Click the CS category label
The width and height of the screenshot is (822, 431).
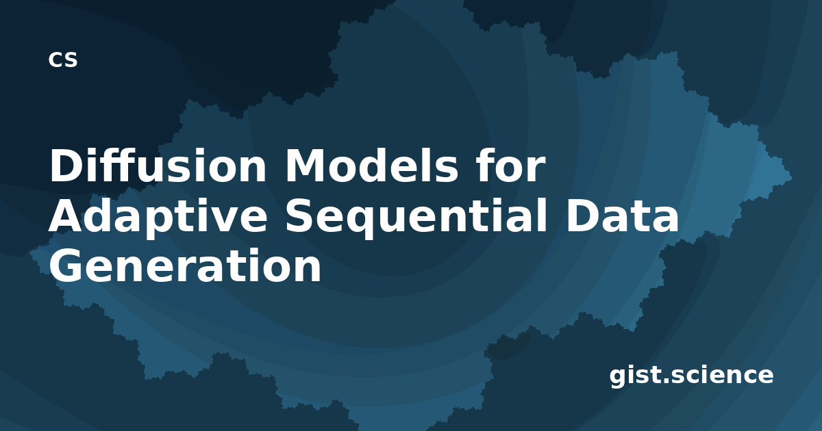[63, 60]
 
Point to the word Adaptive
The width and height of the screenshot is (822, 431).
[158, 218]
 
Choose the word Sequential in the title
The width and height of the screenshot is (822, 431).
[416, 218]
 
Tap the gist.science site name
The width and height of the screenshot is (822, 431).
[691, 376]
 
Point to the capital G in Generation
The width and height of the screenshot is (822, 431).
[66, 265]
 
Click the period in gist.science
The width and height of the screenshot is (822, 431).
[664, 380]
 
